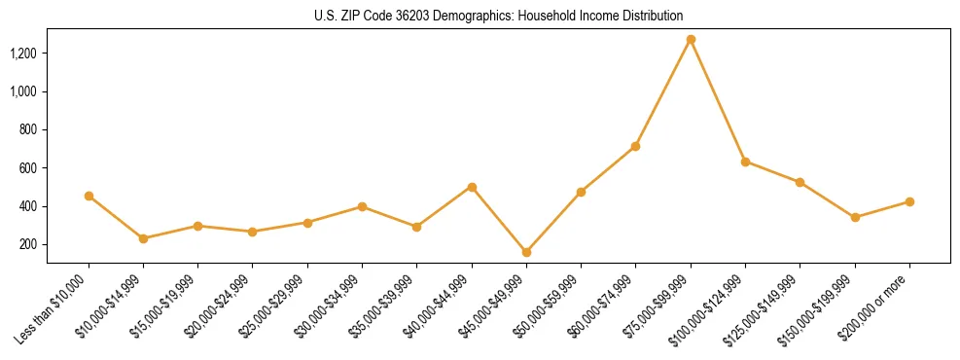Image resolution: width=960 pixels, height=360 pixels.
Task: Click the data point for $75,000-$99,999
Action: [x=691, y=40]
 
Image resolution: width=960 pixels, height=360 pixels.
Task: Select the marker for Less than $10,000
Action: [x=89, y=196]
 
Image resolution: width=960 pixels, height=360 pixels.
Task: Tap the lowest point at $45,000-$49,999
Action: [x=526, y=252]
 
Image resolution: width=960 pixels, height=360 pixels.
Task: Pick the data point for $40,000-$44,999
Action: [x=472, y=187]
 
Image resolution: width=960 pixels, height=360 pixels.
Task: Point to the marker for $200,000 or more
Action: [x=909, y=201]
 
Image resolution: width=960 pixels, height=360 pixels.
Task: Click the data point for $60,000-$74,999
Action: [x=635, y=146]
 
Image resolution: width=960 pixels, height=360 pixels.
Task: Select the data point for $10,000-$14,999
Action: [x=143, y=238]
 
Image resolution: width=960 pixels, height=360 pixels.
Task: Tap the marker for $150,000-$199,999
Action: [x=855, y=217]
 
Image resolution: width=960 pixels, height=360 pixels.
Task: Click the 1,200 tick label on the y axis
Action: [x=23, y=53]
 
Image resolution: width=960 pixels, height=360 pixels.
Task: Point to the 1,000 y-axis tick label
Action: [x=23, y=91]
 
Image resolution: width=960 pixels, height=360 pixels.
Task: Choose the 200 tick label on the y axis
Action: [x=28, y=244]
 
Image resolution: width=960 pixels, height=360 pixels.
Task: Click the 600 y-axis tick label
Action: [x=28, y=168]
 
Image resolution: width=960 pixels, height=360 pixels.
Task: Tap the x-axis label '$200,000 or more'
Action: [x=876, y=306]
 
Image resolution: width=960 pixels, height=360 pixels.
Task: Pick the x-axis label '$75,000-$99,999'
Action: [x=659, y=305]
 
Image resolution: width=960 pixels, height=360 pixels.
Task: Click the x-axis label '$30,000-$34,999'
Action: [x=331, y=305]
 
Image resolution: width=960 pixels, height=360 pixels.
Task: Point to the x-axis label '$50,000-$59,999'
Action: [x=550, y=305]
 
